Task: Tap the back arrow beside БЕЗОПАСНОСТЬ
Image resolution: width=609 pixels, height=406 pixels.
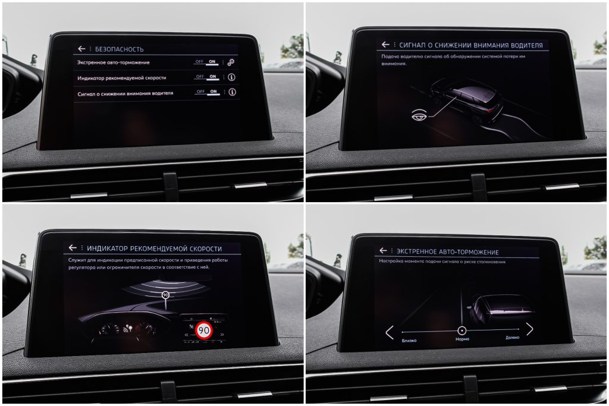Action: [81, 49]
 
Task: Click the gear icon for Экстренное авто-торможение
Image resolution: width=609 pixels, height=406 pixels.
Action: [231, 62]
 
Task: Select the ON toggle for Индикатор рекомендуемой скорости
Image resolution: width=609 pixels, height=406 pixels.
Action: [213, 77]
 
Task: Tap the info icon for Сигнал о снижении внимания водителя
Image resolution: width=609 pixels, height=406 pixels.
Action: [233, 92]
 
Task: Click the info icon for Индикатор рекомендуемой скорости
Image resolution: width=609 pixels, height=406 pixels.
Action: [231, 77]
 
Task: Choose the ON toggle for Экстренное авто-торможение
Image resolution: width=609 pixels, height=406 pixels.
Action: [212, 61]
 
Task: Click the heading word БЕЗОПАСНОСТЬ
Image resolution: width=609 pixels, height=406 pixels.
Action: [119, 49]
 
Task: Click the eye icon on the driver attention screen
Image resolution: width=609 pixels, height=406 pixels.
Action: [419, 115]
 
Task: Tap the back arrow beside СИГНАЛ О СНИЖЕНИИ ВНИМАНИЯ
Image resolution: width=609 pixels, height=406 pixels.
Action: [385, 45]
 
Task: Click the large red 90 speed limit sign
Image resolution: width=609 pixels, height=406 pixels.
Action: [204, 331]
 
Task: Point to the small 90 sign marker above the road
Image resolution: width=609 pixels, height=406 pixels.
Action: [166, 295]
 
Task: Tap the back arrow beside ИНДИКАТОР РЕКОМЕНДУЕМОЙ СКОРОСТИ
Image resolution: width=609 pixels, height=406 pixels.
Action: [73, 248]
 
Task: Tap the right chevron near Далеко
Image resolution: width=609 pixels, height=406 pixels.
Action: [530, 329]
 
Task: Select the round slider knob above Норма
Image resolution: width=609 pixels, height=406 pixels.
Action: [462, 331]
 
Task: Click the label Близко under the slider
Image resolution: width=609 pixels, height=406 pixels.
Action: [409, 341]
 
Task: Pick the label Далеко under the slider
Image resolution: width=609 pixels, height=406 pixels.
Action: [512, 337]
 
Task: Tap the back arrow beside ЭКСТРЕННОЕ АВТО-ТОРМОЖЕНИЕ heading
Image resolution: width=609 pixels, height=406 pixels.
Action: [384, 250]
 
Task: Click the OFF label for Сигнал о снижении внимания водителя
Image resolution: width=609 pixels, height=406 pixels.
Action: [200, 92]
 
